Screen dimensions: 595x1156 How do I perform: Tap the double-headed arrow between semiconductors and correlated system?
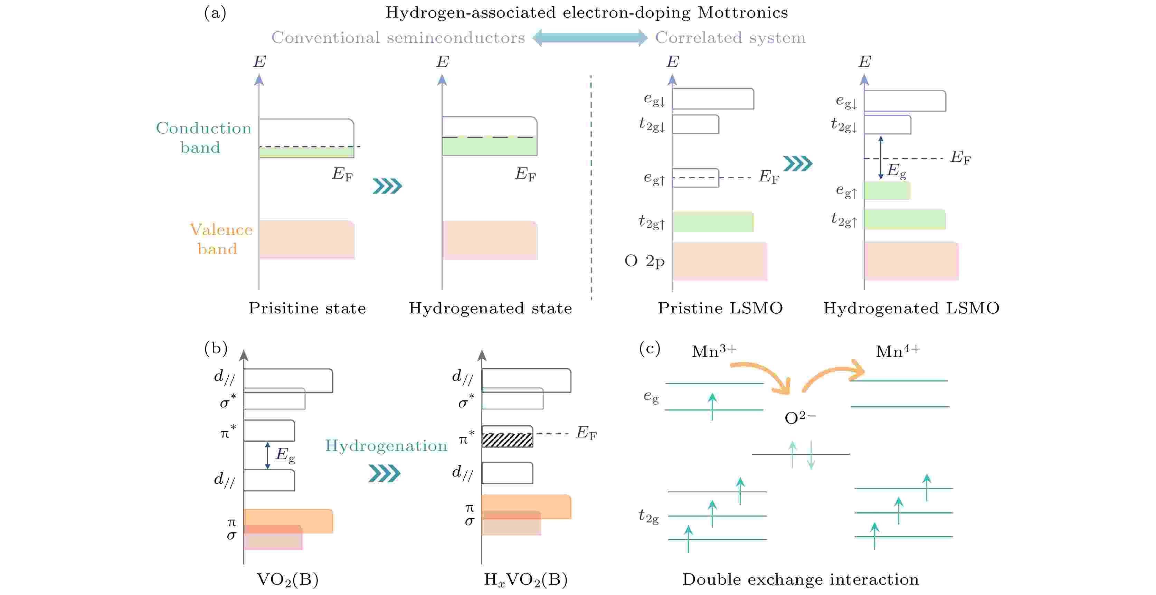pyautogui.click(x=590, y=38)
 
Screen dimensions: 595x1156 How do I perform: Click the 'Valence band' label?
pyautogui.click(x=221, y=239)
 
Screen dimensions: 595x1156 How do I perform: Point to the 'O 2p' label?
pyautogui.click(x=644, y=261)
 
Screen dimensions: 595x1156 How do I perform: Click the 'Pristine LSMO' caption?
pyautogui.click(x=720, y=308)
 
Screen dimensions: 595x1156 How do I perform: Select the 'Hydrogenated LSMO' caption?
pyautogui.click(x=911, y=308)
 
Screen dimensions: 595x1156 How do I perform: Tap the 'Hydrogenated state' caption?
pyautogui.click(x=490, y=308)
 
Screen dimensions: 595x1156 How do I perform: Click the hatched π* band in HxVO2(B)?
pyautogui.click(x=507, y=440)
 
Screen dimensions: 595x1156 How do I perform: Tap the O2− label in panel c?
pyautogui.click(x=800, y=418)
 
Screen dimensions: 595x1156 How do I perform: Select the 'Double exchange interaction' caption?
pyautogui.click(x=800, y=579)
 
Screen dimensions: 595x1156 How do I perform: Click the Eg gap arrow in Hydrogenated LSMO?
pyautogui.click(x=880, y=158)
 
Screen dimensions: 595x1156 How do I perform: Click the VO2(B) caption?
pyautogui.click(x=287, y=579)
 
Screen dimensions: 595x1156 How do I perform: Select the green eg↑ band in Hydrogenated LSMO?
pyautogui.click(x=887, y=191)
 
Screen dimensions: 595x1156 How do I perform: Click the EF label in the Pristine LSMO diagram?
pyautogui.click(x=768, y=177)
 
